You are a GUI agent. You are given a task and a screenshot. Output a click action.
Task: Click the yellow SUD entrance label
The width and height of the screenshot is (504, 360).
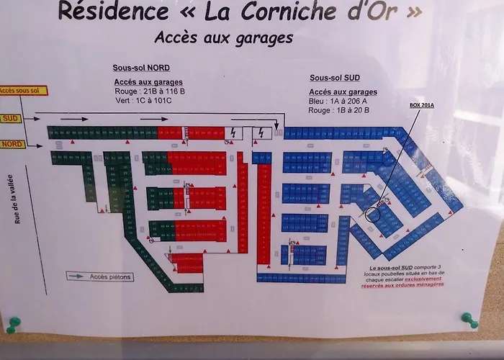pos(11,119)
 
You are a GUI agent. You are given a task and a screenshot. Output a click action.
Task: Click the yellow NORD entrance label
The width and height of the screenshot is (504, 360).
pos(12,144)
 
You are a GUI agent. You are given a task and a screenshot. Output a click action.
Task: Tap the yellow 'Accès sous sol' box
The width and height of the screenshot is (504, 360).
pos(24,91)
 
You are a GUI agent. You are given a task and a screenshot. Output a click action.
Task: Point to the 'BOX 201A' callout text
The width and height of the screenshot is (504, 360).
pos(422,105)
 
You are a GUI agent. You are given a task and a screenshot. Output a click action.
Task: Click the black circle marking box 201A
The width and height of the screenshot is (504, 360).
pos(373,215)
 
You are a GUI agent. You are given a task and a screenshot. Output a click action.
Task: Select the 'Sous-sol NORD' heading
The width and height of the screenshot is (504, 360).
pos(141,68)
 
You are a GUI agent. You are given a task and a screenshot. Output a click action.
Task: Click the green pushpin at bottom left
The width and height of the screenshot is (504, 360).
pos(13,324)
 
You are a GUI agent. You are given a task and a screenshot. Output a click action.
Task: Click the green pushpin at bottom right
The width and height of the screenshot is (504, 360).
pos(469,320)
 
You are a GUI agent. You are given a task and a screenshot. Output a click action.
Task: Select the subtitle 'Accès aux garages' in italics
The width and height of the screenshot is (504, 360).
pos(223,37)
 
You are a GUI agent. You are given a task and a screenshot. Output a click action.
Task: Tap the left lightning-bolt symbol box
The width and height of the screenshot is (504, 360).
pos(235,132)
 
